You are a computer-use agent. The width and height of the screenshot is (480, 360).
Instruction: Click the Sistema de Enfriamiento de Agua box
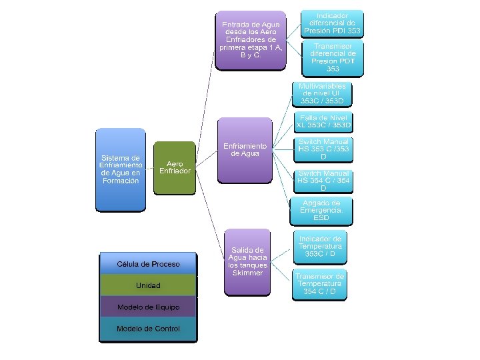pyautogui.click(x=120, y=169)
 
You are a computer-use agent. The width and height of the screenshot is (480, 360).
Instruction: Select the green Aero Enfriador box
pyautogui.click(x=175, y=167)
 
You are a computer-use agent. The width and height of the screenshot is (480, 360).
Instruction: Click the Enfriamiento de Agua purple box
pyautogui.click(x=245, y=150)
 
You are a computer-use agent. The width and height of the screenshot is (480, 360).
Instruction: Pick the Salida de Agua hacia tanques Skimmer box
pyautogui.click(x=247, y=261)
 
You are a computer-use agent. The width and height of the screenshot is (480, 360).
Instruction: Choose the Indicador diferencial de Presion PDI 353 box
pyautogui.click(x=332, y=23)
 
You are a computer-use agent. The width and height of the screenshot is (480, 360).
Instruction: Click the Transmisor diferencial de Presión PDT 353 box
pyautogui.click(x=333, y=57)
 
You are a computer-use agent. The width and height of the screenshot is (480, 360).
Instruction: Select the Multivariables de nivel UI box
pyautogui.click(x=322, y=94)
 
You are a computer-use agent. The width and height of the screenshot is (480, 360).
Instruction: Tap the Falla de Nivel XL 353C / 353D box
pyautogui.click(x=323, y=121)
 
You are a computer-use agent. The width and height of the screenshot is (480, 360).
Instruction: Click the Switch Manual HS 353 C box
pyautogui.click(x=323, y=149)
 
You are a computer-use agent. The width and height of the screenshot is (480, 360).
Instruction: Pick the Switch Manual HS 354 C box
pyautogui.click(x=323, y=181)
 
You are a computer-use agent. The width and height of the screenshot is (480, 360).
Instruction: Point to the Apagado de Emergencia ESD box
pyautogui.click(x=321, y=210)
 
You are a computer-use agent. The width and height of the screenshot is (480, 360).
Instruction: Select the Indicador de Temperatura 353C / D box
pyautogui.click(x=320, y=246)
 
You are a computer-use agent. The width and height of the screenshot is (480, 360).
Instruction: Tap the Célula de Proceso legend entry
pyautogui.click(x=148, y=264)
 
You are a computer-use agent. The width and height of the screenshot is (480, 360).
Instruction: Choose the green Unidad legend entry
pyautogui.click(x=148, y=285)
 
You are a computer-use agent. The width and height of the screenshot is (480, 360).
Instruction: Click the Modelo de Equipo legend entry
pyautogui.click(x=148, y=307)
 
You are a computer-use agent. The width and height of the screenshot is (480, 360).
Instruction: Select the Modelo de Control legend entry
pyautogui.click(x=148, y=329)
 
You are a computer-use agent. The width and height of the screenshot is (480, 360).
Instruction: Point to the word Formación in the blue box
pyautogui.click(x=120, y=181)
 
